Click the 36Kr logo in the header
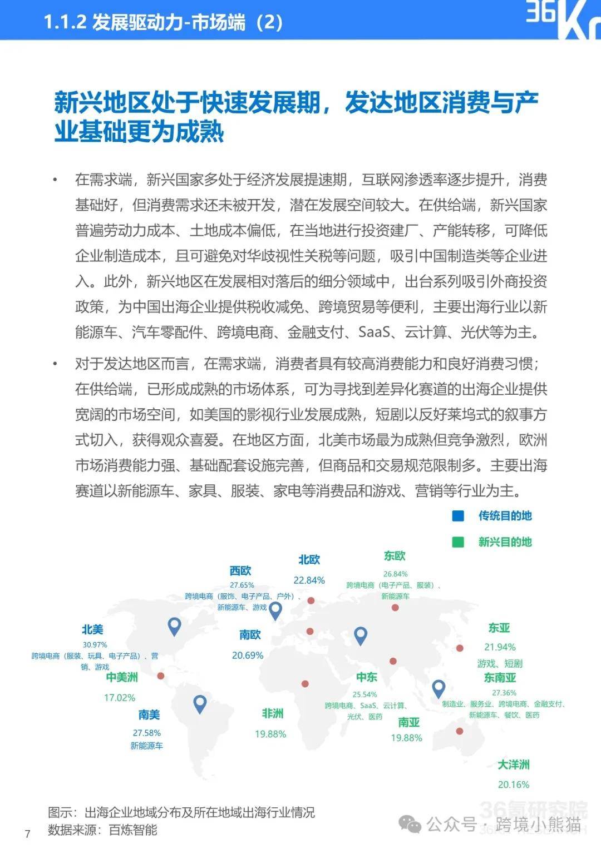(x=562, y=20)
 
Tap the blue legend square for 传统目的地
(x=458, y=516)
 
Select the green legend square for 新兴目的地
(x=458, y=542)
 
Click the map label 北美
(x=92, y=629)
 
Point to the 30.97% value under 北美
(x=95, y=645)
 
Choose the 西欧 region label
(x=240, y=570)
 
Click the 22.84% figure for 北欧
(x=309, y=580)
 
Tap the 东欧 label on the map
(x=395, y=556)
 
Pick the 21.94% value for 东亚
(x=500, y=647)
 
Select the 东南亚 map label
(x=500, y=678)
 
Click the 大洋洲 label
(x=513, y=765)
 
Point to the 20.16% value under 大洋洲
(x=513, y=785)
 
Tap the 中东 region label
(x=367, y=677)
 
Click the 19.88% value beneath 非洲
(x=270, y=734)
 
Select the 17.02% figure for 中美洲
(x=120, y=698)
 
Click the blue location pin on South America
(x=200, y=704)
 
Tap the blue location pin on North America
(x=175, y=626)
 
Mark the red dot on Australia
(x=460, y=731)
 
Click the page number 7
(x=28, y=834)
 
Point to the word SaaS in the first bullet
(x=374, y=332)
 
